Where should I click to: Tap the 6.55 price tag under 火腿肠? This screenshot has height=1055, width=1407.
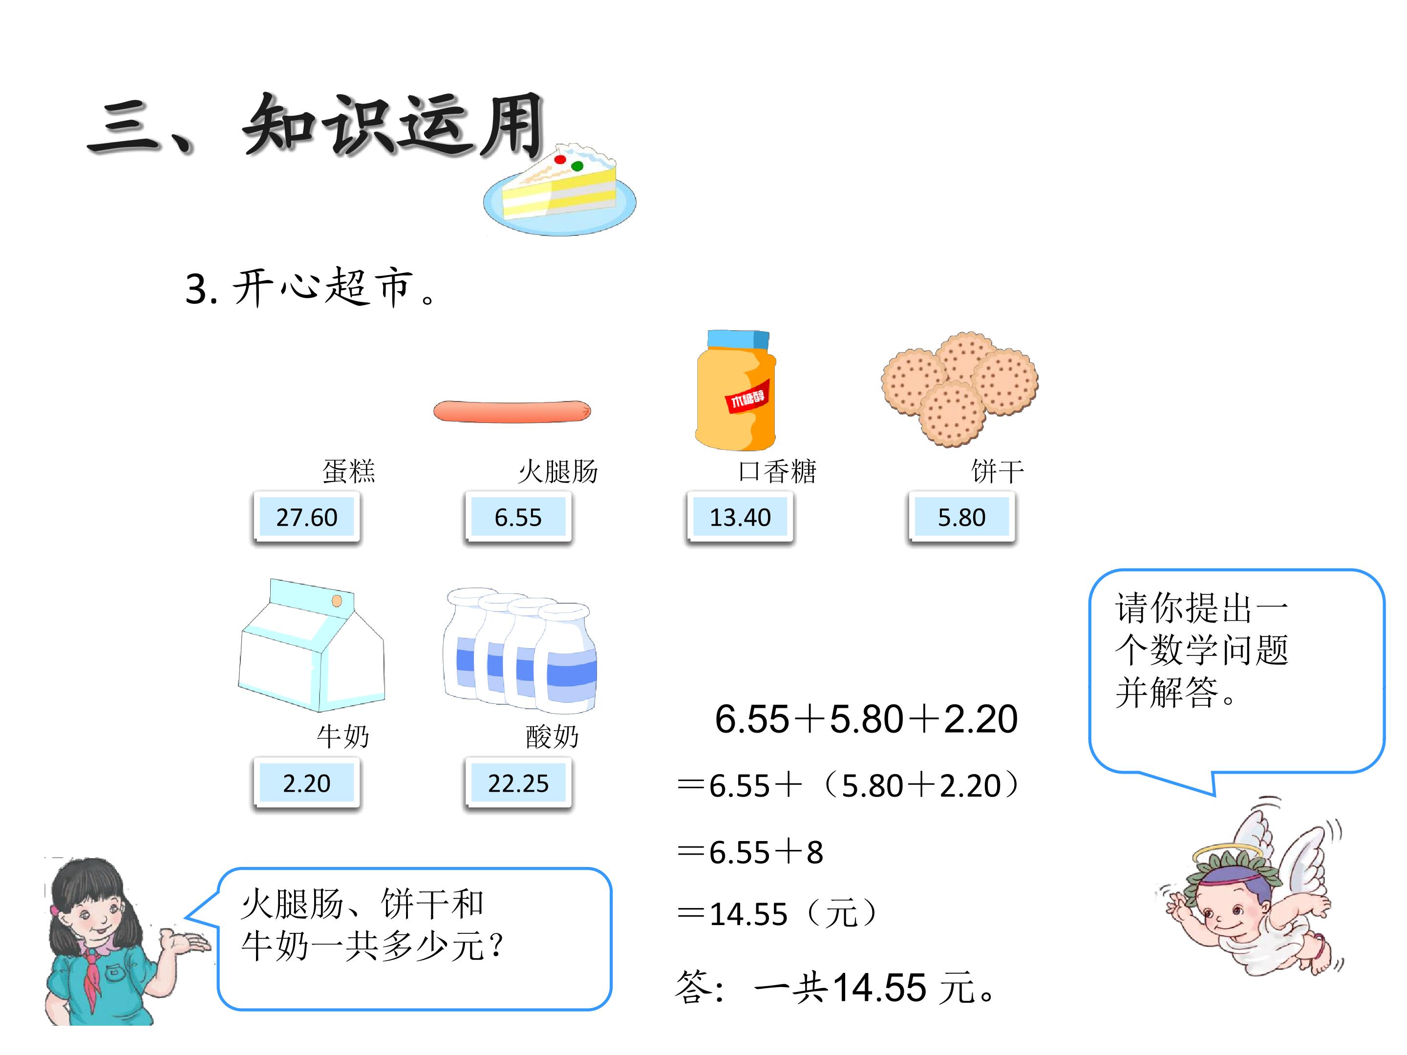518,517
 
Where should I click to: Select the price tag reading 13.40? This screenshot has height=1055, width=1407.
740,517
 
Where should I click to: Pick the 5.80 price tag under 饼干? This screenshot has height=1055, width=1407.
961,517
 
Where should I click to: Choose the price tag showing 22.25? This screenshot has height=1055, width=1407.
518,783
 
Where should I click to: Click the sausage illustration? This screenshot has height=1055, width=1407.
512,411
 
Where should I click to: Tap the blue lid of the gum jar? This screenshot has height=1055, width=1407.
738,339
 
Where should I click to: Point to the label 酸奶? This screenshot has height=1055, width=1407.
552,737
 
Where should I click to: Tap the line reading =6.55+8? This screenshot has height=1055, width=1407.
750,852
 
